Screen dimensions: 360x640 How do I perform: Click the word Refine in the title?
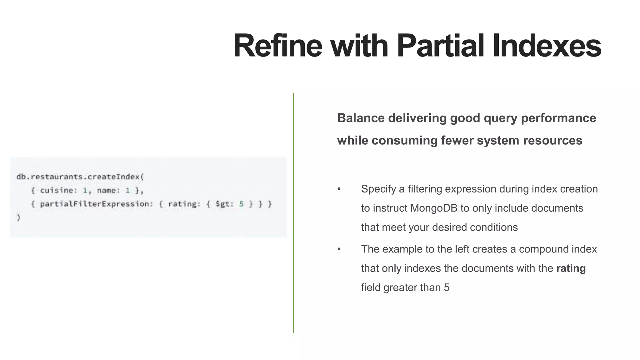pos(277,46)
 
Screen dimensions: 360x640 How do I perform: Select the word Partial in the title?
pos(440,46)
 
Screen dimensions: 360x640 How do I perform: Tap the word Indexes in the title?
pos(547,46)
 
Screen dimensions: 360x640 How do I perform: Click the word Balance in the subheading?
pos(361,118)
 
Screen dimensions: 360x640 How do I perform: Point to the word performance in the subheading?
pos(558,118)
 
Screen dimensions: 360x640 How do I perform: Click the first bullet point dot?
pos(339,189)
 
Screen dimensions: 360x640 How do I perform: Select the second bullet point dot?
pos(339,249)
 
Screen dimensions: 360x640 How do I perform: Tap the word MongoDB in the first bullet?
pos(434,208)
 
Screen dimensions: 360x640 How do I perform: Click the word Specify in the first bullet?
pos(378,189)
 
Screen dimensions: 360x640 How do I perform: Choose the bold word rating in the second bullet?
pos(571,268)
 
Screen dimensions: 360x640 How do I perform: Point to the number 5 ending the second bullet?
pos(447,287)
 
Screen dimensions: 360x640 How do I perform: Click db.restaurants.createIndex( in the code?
pos(80,177)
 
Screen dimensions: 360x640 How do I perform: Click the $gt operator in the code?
pos(224,204)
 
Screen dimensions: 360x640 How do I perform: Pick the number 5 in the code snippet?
pos(241,204)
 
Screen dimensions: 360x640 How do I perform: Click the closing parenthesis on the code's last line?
pos(18,217)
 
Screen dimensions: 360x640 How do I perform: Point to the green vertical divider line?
pos(293,212)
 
